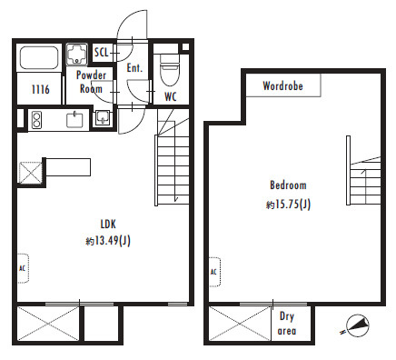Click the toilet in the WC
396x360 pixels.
point(169,71)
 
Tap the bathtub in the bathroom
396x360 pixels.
point(39,57)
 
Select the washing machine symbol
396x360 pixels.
point(77,55)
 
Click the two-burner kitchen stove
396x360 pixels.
point(36,120)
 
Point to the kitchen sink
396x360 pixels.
point(74,120)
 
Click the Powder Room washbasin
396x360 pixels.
point(103,117)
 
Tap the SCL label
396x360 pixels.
point(101,53)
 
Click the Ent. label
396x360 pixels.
point(134,68)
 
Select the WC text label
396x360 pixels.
point(171,96)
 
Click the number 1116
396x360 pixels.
point(40,89)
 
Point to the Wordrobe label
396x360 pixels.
point(282,85)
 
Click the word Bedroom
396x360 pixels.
point(288,185)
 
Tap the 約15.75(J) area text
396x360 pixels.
point(288,205)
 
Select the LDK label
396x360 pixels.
point(108,225)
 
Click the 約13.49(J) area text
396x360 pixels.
point(108,241)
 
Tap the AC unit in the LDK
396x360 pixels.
point(23,268)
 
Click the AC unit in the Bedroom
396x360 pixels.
point(214,272)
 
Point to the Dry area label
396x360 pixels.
point(286,324)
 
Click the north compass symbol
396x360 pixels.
point(357,326)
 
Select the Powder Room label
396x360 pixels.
point(91,82)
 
